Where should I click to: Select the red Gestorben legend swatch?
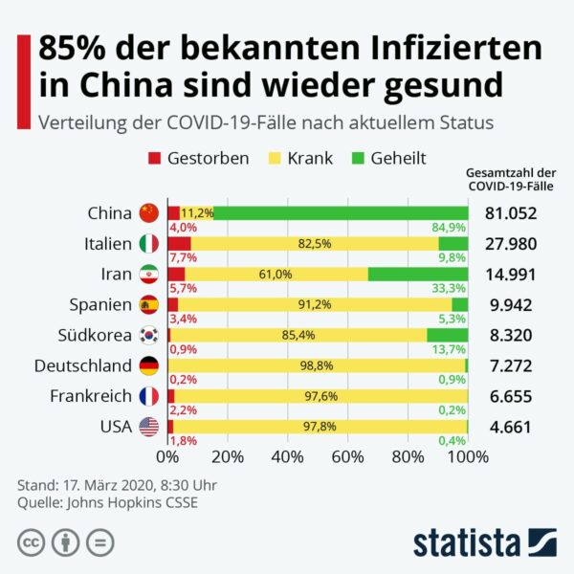[153, 158]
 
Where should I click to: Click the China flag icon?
[147, 212]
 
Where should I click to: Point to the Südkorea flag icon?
[147, 335]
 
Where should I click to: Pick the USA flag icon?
[147, 427]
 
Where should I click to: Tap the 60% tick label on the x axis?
[348, 456]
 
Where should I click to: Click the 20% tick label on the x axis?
[228, 456]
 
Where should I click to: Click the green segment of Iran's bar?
[418, 274]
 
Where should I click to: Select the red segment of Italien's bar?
[179, 243]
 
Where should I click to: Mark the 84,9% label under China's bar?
[450, 228]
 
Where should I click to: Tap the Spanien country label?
[99, 304]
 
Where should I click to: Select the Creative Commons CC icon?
[30, 541]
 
